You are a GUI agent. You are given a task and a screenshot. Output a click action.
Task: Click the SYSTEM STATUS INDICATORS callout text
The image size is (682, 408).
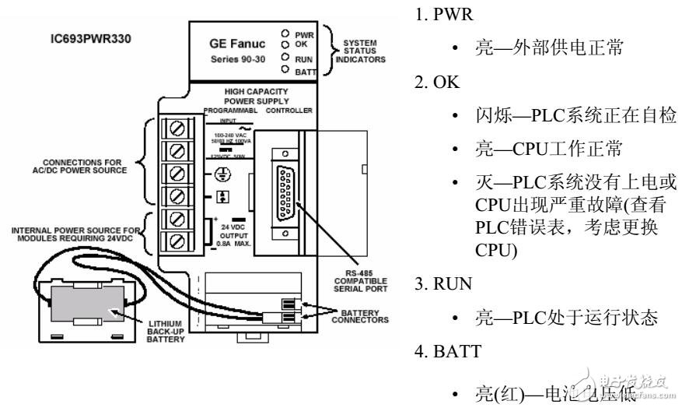(x=359, y=52)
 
